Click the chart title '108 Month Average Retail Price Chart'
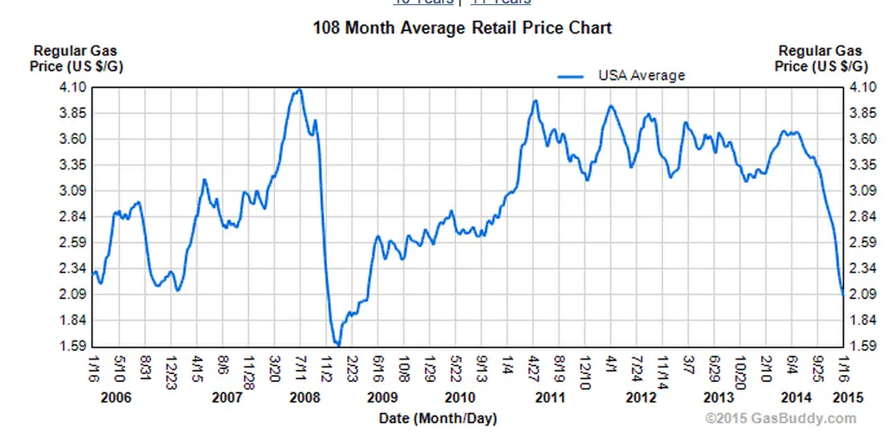[x=461, y=28]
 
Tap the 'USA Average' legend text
[x=642, y=75]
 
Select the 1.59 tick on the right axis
[x=862, y=346]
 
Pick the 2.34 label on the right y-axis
[x=862, y=269]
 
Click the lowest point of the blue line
[x=338, y=346]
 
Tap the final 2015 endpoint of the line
[x=842, y=295]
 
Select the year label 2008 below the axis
[x=305, y=397]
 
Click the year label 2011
[x=548, y=397]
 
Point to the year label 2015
[x=849, y=397]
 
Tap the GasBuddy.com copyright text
[x=781, y=419]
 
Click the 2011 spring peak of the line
[x=535, y=101]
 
